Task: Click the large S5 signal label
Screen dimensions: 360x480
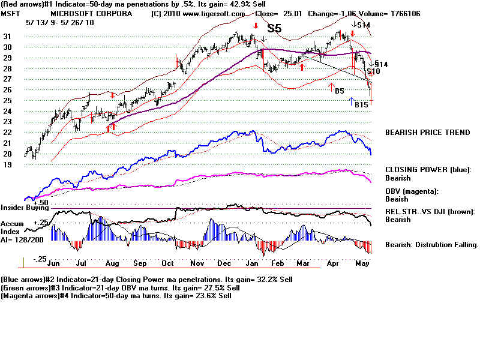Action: pyautogui.click(x=274, y=28)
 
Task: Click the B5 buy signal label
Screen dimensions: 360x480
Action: pyautogui.click(x=340, y=91)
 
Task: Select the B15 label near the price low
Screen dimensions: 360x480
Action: pyautogui.click(x=361, y=105)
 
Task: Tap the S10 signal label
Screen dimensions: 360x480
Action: pyautogui.click(x=374, y=71)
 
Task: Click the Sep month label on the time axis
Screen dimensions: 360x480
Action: pyautogui.click(x=139, y=263)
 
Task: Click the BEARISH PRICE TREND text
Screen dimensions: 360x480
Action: pyautogui.click(x=427, y=132)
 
